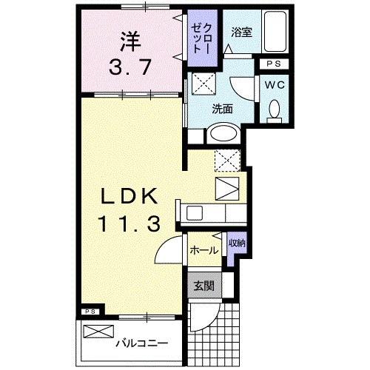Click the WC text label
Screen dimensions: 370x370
tap(275, 84)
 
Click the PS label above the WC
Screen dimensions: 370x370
tap(275, 64)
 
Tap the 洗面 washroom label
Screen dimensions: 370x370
tap(223, 108)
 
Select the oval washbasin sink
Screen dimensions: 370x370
tap(222, 134)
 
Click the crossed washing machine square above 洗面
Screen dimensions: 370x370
tap(203, 84)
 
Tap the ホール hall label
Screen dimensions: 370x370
tap(204, 250)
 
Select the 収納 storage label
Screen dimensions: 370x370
tap(236, 243)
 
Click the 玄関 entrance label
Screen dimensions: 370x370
tap(203, 286)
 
